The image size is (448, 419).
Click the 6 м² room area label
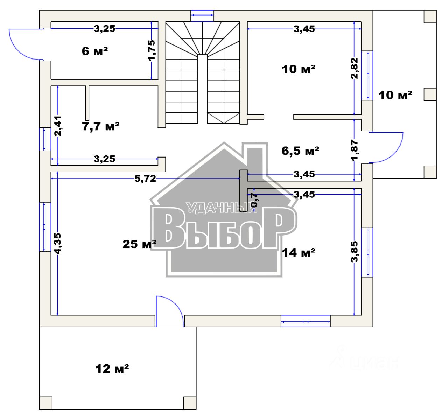[94, 51]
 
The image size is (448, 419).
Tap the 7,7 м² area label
[101, 126]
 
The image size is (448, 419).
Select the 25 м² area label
[139, 244]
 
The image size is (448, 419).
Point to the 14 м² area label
[299, 252]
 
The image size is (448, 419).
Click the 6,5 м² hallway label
[300, 151]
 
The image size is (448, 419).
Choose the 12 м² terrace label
[112, 368]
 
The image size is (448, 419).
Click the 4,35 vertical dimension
[58, 243]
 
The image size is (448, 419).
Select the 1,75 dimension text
[152, 50]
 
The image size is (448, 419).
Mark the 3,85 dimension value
[355, 251]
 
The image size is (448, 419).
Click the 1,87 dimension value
[355, 150]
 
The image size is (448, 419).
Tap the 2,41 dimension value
[58, 126]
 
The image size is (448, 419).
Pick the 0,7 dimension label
[254, 200]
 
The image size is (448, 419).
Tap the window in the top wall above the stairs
[203, 15]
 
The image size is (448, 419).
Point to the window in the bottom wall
[306, 321]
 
